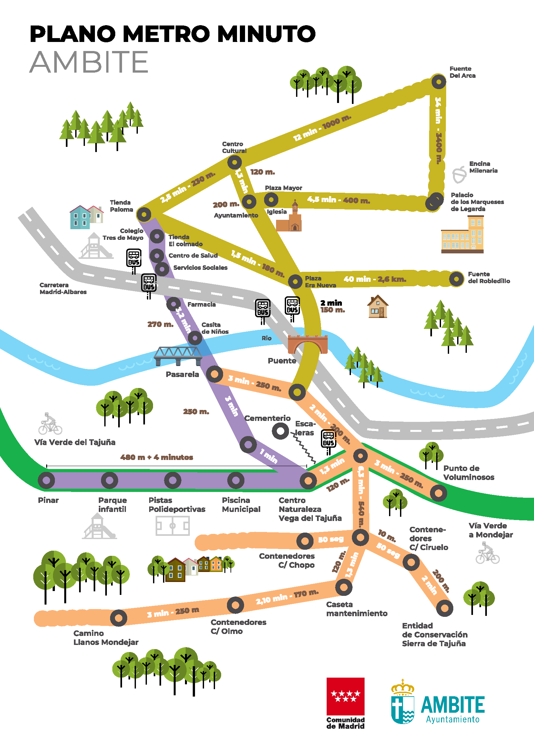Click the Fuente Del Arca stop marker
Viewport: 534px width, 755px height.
(x=438, y=81)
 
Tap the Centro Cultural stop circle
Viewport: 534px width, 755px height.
(x=234, y=162)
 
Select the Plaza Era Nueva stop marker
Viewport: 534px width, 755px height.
(x=295, y=281)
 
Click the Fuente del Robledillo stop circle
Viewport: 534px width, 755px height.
(x=457, y=279)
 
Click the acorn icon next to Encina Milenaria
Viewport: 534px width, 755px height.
(x=459, y=174)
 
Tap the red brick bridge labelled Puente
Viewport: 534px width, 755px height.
(x=307, y=344)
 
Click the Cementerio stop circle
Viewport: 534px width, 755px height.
(x=280, y=431)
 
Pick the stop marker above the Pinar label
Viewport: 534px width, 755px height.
(x=46, y=480)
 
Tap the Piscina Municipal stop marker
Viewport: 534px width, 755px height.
(x=236, y=480)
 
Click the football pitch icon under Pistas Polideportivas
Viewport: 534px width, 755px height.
(x=173, y=525)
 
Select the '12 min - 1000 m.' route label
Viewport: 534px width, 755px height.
(x=322, y=128)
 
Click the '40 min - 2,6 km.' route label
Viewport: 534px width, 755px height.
(x=375, y=279)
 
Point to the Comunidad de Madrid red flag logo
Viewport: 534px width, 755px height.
(x=345, y=696)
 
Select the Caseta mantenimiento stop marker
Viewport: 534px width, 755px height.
(x=344, y=587)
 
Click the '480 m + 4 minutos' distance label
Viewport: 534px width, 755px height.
(x=157, y=457)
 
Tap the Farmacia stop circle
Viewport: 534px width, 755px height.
(x=174, y=304)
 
